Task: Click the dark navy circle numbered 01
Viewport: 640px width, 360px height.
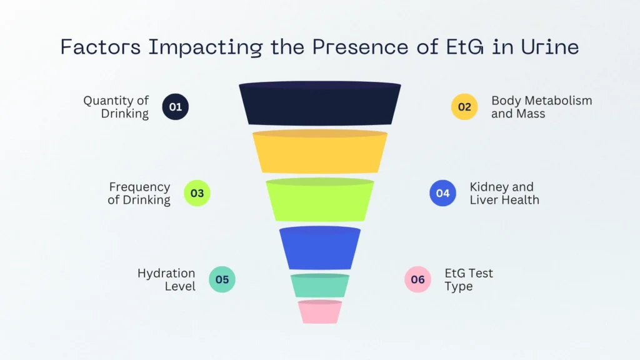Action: click(176, 107)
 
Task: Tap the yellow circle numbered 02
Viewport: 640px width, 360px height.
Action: click(464, 107)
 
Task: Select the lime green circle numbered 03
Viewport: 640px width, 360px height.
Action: click(197, 193)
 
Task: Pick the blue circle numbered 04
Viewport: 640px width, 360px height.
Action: click(442, 193)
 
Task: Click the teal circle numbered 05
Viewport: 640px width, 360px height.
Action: click(222, 279)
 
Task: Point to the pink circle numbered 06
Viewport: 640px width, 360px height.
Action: click(417, 279)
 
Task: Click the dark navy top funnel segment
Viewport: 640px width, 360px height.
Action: click(320, 104)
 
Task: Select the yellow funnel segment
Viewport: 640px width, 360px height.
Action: click(320, 152)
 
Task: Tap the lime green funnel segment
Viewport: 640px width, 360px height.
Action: click(320, 200)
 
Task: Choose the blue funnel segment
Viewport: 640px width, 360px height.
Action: click(320, 248)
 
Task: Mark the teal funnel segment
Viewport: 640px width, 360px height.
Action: click(320, 286)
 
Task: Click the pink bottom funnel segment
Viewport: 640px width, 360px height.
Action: click(320, 312)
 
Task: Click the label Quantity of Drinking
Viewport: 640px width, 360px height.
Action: click(117, 107)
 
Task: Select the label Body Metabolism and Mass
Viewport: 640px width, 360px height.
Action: click(541, 107)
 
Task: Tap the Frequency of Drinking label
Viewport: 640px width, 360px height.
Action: click(139, 193)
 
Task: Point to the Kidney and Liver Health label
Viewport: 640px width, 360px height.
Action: click(504, 193)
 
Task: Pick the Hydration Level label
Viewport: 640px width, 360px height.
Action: click(166, 279)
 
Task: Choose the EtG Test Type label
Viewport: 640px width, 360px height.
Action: click(469, 279)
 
